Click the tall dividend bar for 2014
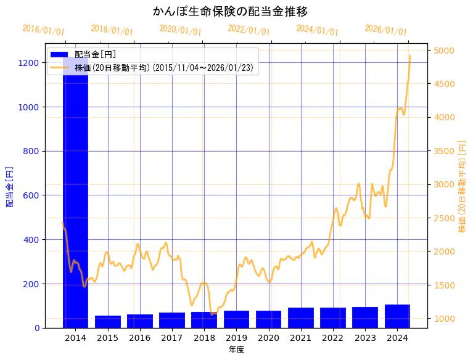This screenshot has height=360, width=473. tap(75, 197)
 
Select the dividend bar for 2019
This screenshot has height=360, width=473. tap(236, 319)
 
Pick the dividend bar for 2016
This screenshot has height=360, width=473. tap(140, 321)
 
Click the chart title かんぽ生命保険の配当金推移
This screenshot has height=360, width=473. tap(230, 11)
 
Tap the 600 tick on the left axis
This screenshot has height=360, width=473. tap(33, 195)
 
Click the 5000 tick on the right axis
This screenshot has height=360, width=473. tap(445, 50)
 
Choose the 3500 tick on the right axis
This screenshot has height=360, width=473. tap(445, 150)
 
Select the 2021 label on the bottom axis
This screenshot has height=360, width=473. tap(301, 338)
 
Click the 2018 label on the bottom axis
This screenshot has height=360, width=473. tap(204, 338)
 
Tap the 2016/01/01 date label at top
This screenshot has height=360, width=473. tap(43, 30)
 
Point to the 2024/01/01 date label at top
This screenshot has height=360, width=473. tap(317, 30)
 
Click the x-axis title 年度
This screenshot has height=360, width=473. tap(236, 350)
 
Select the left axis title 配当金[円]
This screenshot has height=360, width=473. tap(9, 186)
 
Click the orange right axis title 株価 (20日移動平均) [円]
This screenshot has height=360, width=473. tap(462, 186)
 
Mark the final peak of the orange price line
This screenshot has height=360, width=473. tap(410, 56)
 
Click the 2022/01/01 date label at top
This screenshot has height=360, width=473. tap(249, 30)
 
